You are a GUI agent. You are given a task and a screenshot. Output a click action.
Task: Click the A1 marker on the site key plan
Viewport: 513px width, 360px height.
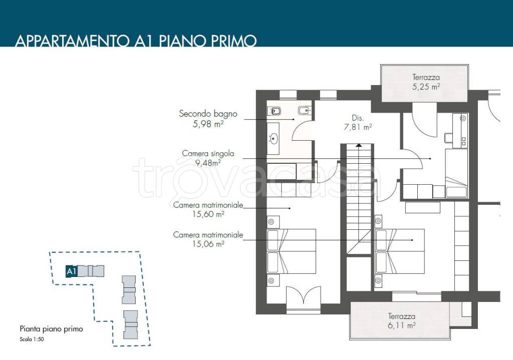point(72,271)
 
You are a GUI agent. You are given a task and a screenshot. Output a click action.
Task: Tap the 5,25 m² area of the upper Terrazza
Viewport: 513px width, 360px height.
point(426,87)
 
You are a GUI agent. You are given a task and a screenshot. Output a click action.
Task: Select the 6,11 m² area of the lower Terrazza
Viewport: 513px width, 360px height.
point(402,325)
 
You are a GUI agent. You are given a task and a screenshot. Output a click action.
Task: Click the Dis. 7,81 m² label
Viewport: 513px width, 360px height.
point(358,123)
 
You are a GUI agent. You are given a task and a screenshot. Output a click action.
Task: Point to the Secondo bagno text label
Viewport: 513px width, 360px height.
point(208,114)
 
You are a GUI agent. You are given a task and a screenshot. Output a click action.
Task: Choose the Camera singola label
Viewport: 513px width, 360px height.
point(208,153)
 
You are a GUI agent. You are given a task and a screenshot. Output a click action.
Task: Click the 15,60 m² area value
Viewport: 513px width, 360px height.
point(208,214)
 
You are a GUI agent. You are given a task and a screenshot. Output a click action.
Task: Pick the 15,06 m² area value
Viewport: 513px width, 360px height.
point(208,244)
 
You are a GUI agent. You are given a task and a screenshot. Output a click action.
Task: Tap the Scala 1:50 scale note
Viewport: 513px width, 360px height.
point(32,339)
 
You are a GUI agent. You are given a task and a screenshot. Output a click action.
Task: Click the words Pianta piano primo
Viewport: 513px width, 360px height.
point(52,329)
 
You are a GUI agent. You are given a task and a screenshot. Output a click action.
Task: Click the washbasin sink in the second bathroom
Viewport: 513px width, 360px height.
point(273,139)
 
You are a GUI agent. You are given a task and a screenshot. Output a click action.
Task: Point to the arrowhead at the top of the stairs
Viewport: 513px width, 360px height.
point(359,145)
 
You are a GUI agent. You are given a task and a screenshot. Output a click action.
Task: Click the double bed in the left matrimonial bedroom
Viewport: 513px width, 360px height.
point(292,251)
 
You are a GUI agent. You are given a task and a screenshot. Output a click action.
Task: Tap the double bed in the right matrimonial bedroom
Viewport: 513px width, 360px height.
point(400,251)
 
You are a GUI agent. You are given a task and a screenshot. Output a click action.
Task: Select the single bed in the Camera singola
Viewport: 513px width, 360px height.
point(456,173)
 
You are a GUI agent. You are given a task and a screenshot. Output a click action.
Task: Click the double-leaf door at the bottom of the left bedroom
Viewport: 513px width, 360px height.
point(303,298)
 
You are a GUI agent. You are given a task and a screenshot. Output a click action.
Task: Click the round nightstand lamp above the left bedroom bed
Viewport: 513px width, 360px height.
point(271,222)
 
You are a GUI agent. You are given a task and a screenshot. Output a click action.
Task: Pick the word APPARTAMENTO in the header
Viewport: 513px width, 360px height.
point(72,41)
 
